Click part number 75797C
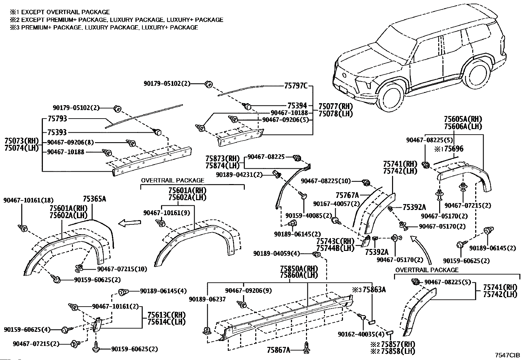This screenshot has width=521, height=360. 296,86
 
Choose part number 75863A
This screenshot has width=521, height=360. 373,290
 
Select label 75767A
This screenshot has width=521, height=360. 347,196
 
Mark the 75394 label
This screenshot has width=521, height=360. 297,106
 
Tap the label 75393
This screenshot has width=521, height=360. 57,132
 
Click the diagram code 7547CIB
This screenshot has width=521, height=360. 507,355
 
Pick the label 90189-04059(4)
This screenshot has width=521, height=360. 277,253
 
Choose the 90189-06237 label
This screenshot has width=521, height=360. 207,299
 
